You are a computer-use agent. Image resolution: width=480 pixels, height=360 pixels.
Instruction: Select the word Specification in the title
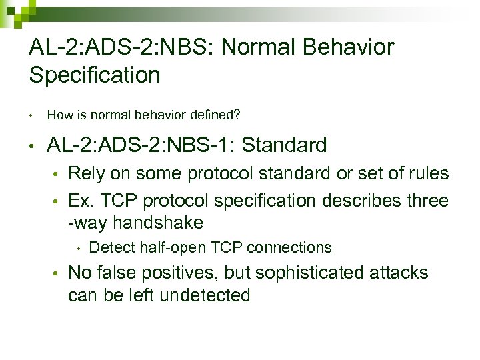pyautogui.click(x=95, y=75)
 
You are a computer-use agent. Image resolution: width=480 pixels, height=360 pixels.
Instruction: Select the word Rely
pyautogui.click(x=85, y=174)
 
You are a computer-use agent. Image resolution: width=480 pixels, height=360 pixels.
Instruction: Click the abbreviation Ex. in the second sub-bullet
pyautogui.click(x=81, y=200)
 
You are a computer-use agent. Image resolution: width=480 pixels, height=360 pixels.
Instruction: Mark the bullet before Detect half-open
pyautogui.click(x=78, y=249)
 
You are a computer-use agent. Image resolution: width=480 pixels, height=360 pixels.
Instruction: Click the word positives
pyautogui.click(x=175, y=273)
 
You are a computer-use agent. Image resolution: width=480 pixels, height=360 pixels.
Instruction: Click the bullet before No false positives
pyautogui.click(x=58, y=273)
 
